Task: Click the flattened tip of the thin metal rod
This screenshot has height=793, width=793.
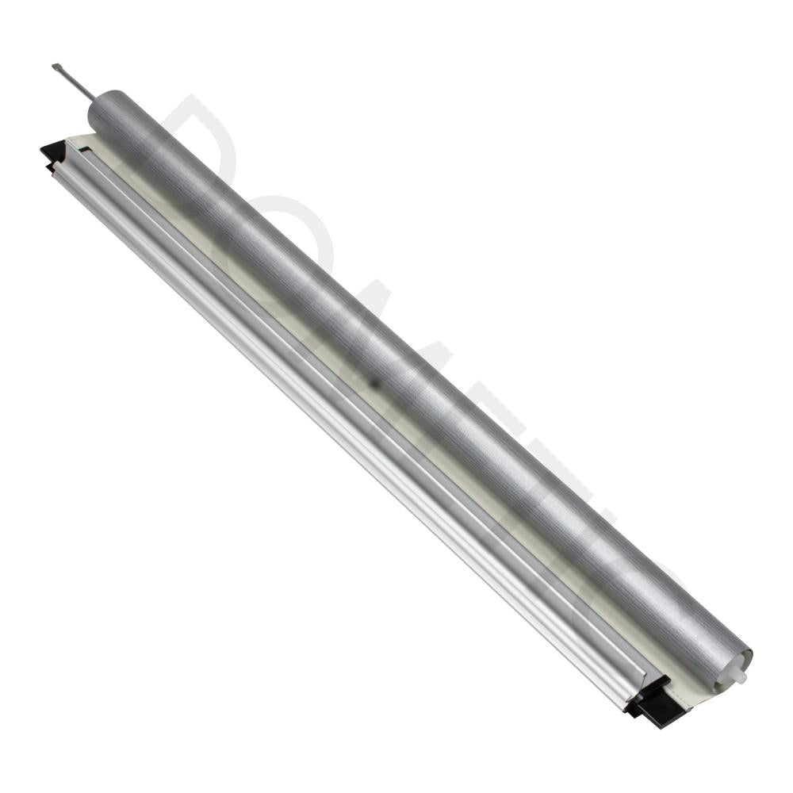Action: point(56,67)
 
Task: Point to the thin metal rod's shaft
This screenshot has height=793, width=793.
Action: point(75,83)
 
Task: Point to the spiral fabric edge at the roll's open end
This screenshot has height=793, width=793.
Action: point(726,674)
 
